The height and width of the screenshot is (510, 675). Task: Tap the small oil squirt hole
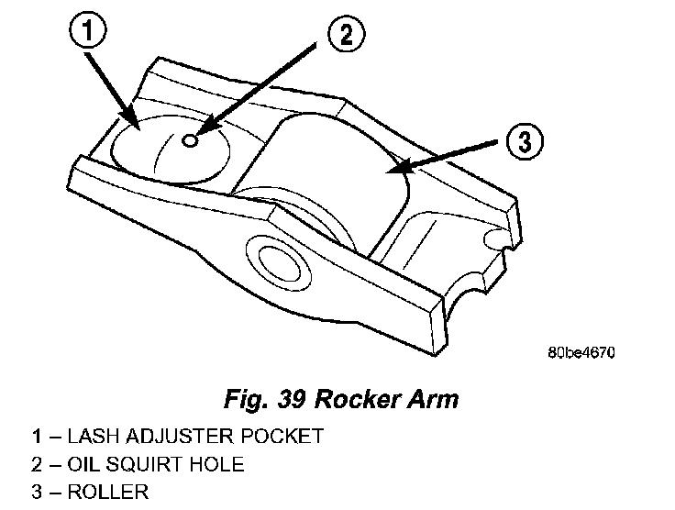click(190, 140)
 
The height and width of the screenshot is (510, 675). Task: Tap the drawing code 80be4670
click(581, 351)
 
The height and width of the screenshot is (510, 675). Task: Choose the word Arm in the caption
click(430, 400)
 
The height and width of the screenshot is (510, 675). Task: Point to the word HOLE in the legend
click(216, 464)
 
